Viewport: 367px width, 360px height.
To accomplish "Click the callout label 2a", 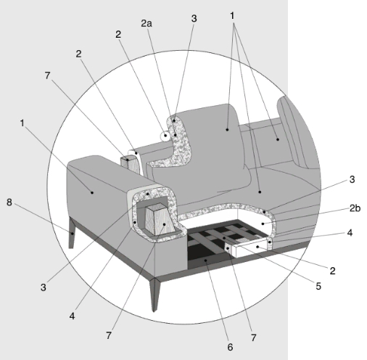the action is click(147, 23).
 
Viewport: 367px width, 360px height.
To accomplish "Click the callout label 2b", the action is click(355, 208).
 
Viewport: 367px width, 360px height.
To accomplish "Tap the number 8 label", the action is click(9, 202).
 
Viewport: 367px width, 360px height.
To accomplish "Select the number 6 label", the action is click(230, 347).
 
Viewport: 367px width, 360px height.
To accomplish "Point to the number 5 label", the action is click(318, 286).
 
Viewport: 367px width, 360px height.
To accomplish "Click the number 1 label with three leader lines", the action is click(232, 16).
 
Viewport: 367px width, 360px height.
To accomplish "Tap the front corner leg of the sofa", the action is click(154, 294).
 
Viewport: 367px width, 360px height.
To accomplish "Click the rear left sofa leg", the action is click(72, 233).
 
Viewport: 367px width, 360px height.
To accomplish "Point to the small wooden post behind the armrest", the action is click(130, 165).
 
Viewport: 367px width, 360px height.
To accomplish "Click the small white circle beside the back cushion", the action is click(165, 135).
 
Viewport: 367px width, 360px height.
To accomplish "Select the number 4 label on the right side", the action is click(350, 233).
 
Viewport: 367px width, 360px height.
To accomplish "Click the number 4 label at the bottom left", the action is click(72, 316).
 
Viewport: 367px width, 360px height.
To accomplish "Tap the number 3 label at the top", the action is click(194, 19).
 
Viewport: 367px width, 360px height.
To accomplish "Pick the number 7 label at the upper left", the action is click(47, 75).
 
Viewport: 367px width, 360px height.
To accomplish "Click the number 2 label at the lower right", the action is click(333, 271).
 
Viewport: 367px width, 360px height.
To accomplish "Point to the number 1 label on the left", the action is click(22, 123).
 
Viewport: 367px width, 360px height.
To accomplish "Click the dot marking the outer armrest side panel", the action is click(92, 192).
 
